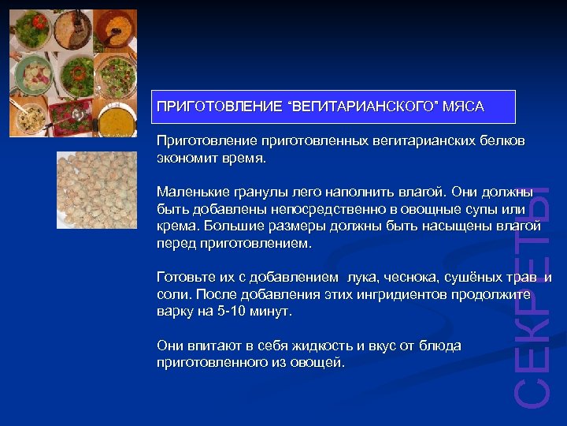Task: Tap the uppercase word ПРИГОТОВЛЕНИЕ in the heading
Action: (219, 106)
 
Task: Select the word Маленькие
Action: (190, 192)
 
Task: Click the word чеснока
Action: (403, 278)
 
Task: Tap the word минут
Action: (270, 312)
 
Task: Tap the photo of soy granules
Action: (96, 189)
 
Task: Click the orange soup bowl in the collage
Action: (117, 114)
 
